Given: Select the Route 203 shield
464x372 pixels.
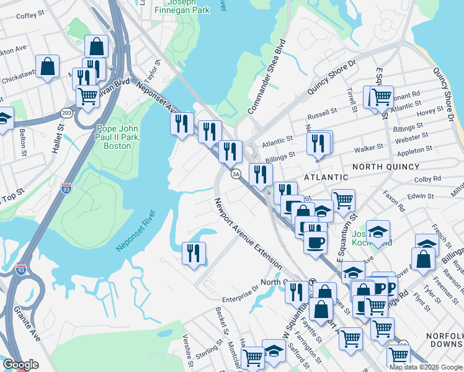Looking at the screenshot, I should pyautogui.click(x=66, y=113).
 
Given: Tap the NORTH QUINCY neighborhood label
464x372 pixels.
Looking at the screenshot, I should pyautogui.click(x=386, y=167).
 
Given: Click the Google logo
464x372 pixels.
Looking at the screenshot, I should pyautogui.click(x=20, y=365).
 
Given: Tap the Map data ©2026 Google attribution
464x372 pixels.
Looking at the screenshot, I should pyautogui.click(x=425, y=367).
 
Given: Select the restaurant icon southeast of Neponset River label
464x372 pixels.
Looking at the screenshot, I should pyautogui.click(x=194, y=253).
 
